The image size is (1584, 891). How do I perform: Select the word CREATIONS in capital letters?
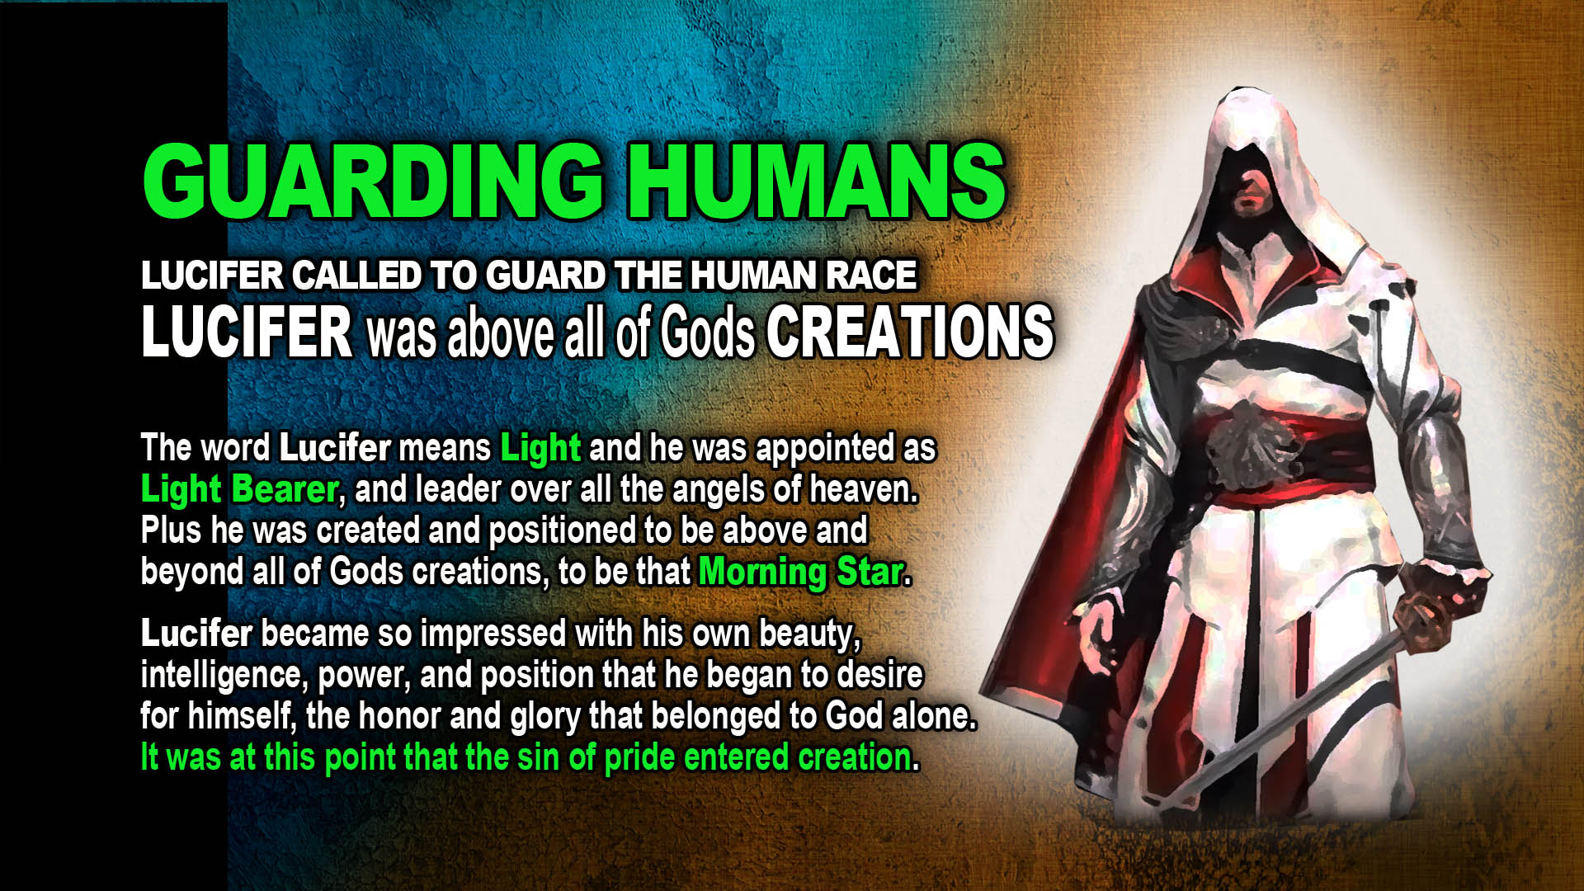pos(910,331)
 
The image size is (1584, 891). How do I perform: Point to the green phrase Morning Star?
pos(801,572)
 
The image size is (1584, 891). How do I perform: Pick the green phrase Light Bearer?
pos(239,489)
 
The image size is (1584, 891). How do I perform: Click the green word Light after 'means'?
pos(540,448)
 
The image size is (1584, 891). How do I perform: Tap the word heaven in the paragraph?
pos(863,489)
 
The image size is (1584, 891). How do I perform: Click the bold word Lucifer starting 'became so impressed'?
pos(196,634)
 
